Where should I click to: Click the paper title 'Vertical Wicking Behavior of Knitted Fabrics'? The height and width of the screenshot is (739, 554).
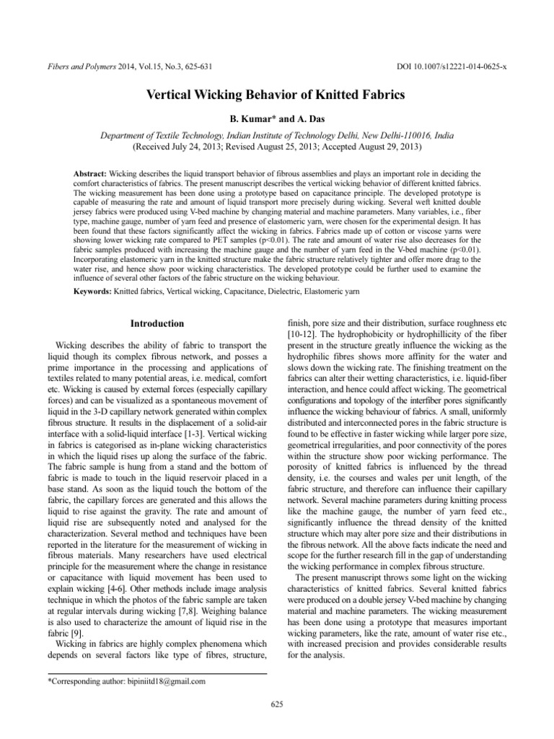[x=276, y=95]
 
